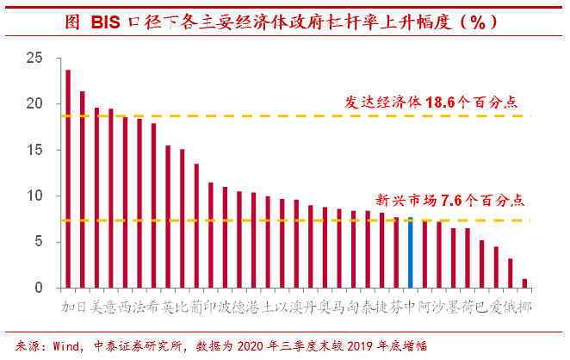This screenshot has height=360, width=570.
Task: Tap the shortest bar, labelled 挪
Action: (x=524, y=282)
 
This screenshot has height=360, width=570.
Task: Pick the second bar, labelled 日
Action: (x=82, y=189)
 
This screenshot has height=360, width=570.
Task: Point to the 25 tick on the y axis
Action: (x=34, y=58)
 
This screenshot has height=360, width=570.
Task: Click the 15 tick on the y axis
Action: (x=34, y=150)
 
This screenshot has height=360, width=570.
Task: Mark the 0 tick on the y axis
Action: (x=39, y=288)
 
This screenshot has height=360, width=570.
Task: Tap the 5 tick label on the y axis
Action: (x=39, y=242)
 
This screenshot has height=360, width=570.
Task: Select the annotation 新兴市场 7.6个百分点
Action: (x=452, y=201)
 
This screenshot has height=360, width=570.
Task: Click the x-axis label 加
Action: (x=68, y=307)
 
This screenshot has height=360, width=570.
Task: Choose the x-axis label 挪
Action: (x=524, y=307)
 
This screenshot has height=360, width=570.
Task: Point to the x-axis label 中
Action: (x=410, y=307)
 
